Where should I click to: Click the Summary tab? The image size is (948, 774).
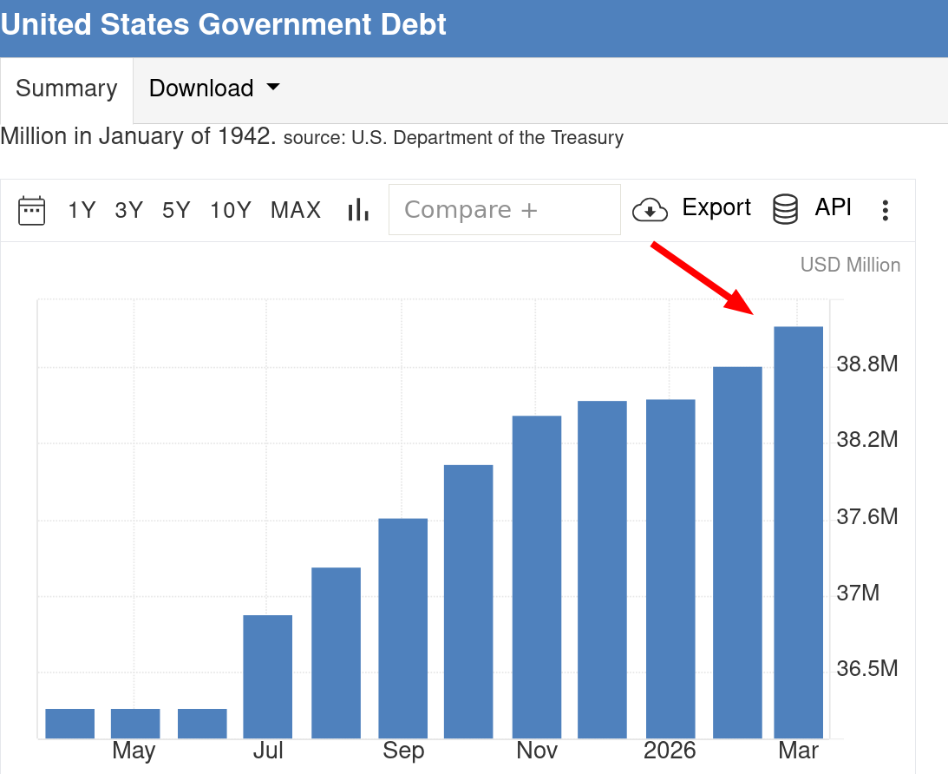point(66,89)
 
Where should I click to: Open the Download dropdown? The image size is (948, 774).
point(214,89)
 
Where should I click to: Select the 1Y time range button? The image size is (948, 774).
point(82,210)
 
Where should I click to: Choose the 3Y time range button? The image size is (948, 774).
point(128,210)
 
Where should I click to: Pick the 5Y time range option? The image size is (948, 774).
point(176,210)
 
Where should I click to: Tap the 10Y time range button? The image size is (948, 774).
point(231,210)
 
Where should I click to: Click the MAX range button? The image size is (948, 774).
point(296,210)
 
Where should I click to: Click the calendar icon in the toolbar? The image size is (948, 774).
point(32,210)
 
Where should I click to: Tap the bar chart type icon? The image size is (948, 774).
point(358,210)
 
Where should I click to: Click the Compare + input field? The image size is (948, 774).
point(504,210)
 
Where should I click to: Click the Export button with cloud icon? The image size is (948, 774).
point(691,208)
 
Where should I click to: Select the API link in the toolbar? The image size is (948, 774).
point(813,208)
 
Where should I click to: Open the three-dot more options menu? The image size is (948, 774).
point(886,210)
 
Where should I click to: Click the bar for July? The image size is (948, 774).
point(268,676)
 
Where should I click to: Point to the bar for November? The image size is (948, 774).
point(537,577)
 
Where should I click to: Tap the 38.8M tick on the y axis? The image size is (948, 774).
point(866,364)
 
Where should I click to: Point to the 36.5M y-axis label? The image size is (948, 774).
point(866,669)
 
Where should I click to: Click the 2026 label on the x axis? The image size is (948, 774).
point(670,751)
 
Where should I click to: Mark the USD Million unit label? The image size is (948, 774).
point(850,265)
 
